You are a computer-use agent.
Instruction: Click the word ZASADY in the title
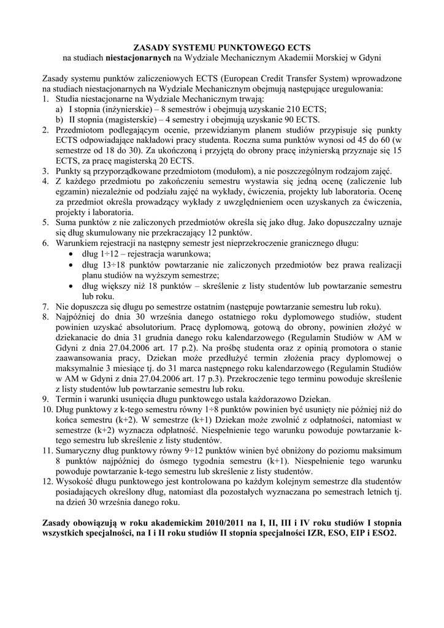click(154, 47)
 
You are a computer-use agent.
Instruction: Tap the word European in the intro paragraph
click(239, 79)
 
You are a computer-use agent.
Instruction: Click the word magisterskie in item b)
click(110, 120)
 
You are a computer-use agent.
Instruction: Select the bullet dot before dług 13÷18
click(75, 264)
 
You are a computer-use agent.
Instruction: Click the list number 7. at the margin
click(46, 306)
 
